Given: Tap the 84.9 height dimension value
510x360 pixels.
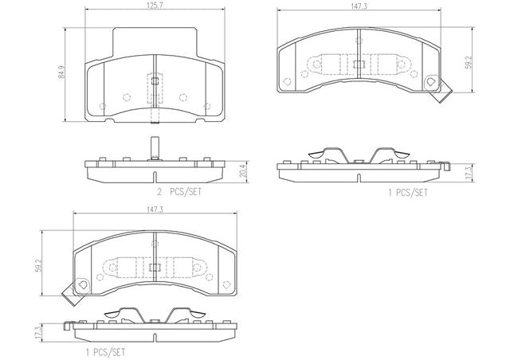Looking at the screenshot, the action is click(61, 73).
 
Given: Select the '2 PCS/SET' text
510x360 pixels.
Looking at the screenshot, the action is click(179, 192).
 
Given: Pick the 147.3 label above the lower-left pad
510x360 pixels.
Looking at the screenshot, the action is click(155, 209).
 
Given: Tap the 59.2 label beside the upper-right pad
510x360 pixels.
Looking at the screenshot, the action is click(468, 62).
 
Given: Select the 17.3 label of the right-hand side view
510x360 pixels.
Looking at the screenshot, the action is click(469, 173).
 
